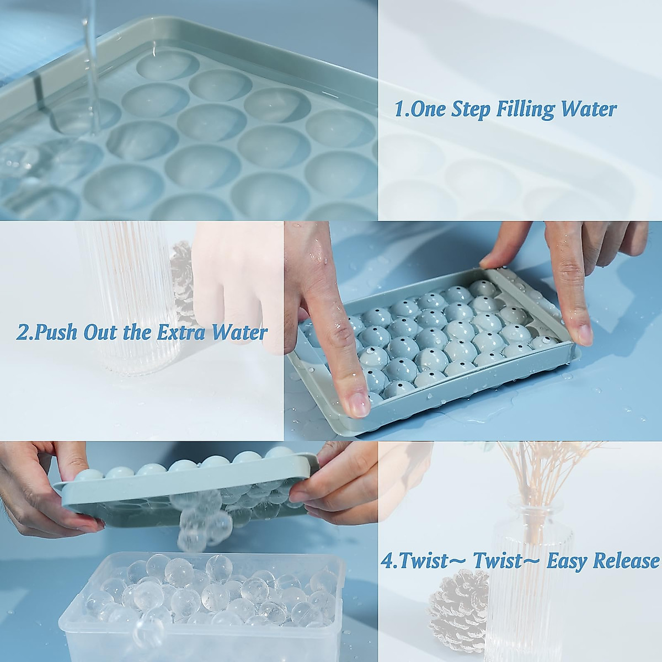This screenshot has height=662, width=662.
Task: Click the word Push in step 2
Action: point(55,333)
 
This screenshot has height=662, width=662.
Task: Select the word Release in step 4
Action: point(626,560)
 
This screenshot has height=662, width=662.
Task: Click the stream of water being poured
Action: point(92,69)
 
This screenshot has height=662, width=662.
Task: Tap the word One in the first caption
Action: point(427,109)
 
